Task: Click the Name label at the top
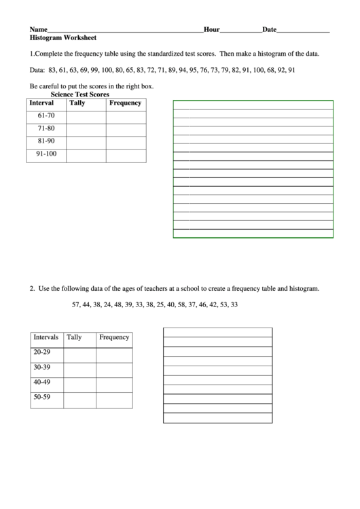[x=38, y=30]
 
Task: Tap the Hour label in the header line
[x=211, y=30]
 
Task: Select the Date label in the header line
[x=269, y=30]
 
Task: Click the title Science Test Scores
[x=79, y=94]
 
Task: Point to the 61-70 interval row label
[x=46, y=116]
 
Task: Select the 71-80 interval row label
[x=46, y=129]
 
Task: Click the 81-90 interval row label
[x=46, y=141]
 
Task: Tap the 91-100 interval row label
[x=46, y=154]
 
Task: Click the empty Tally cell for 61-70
[x=86, y=117]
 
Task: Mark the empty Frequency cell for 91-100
[x=126, y=155]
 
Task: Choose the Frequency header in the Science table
[x=125, y=103]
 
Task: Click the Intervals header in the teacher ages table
[x=46, y=337]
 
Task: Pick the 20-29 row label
[x=42, y=353]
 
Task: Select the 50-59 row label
[x=42, y=397]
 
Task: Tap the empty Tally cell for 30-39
[x=79, y=368]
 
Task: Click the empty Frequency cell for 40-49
[x=113, y=383]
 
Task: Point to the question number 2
[x=31, y=289]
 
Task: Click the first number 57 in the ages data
[x=76, y=304]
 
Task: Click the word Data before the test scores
[x=37, y=70]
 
